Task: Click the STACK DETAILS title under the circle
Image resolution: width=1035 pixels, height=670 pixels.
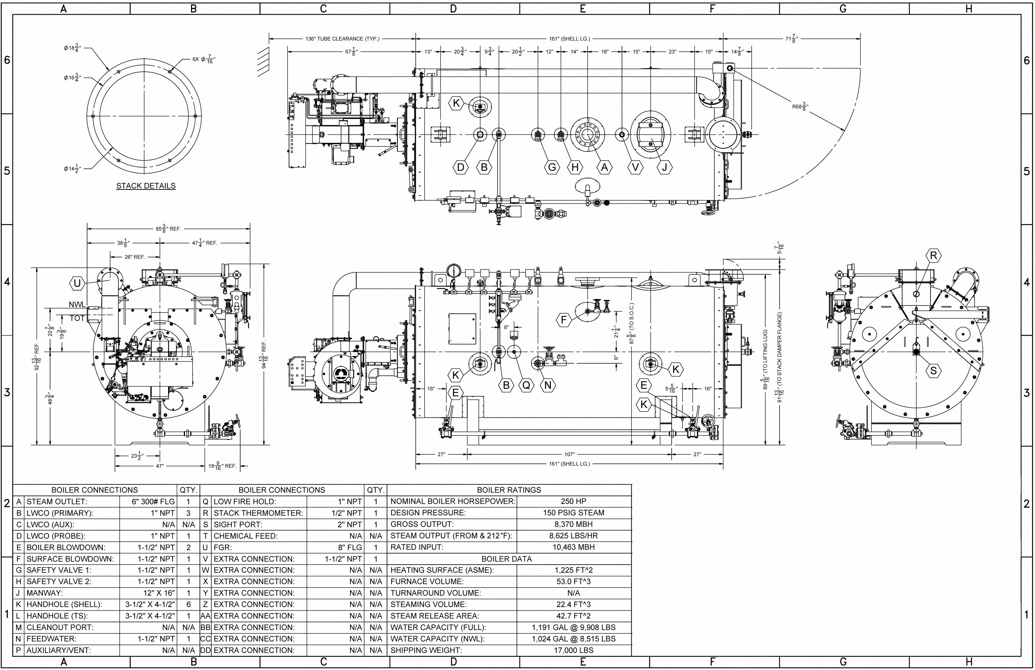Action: click(146, 186)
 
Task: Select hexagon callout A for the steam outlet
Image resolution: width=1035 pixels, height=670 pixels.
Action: click(604, 167)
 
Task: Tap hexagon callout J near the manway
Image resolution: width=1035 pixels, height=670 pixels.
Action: click(665, 167)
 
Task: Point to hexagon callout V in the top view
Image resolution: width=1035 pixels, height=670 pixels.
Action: click(635, 167)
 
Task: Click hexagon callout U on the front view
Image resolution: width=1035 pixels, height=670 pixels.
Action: click(77, 283)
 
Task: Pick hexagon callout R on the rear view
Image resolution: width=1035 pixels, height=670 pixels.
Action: click(934, 256)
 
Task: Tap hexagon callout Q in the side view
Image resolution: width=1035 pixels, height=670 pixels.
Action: click(526, 385)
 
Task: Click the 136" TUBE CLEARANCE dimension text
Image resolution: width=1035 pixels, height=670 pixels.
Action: click(342, 39)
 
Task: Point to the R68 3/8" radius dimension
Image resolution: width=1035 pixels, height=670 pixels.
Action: click(800, 106)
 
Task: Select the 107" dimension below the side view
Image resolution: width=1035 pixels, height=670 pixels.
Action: click(569, 454)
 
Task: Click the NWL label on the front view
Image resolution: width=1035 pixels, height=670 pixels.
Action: click(77, 304)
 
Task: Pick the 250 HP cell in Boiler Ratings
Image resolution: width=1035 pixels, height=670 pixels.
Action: click(574, 501)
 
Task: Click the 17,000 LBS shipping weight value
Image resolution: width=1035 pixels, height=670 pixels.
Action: click(574, 650)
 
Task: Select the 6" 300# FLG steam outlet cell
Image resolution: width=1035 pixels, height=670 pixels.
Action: click(153, 501)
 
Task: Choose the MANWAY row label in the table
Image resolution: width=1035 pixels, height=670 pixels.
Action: click(44, 593)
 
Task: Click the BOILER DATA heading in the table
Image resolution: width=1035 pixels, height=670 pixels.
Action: click(506, 559)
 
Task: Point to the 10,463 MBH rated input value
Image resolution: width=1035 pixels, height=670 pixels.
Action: click(574, 547)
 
